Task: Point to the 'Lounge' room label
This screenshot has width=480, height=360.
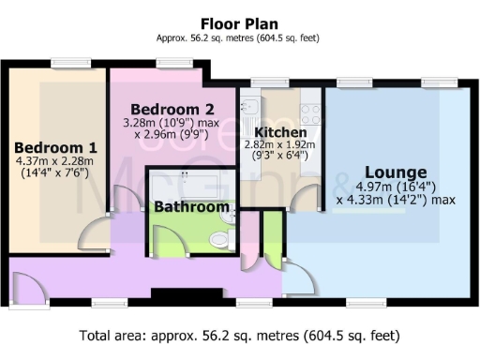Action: pos(396,172)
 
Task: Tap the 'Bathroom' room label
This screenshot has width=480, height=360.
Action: pos(191,206)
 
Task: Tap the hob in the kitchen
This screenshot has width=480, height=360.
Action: pos(310,113)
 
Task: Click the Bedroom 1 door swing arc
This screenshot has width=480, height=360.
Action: pos(95,235)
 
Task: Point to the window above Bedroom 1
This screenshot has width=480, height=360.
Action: pos(71,63)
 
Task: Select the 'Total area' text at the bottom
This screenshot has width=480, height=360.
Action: pos(240,335)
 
